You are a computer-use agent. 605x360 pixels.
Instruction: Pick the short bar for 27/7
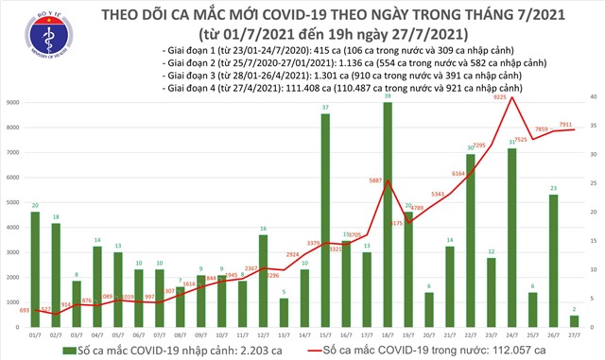576,321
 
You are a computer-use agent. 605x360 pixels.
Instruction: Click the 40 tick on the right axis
591,97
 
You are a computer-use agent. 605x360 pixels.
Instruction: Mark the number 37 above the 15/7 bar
325,108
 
